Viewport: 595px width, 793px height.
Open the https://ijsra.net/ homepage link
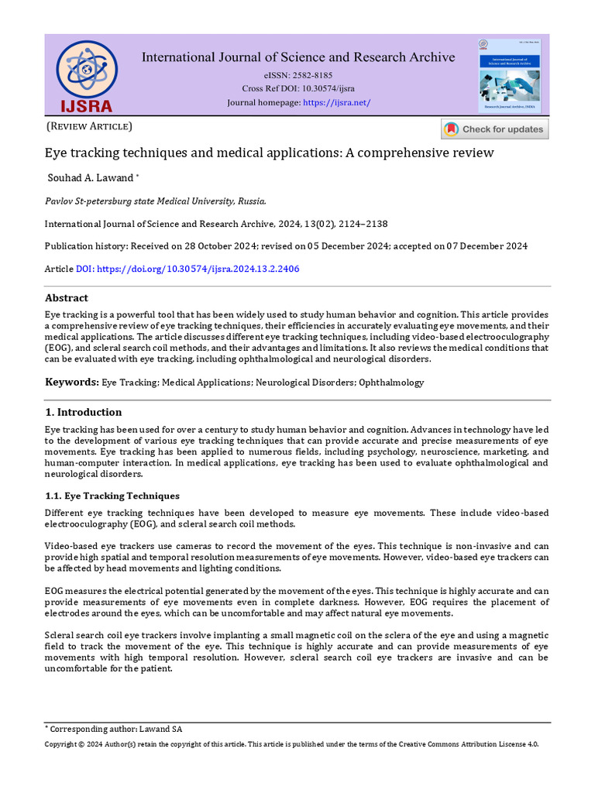coord(336,103)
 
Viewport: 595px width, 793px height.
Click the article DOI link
coord(187,269)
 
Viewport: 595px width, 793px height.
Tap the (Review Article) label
coord(89,126)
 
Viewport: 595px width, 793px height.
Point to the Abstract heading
coord(67,298)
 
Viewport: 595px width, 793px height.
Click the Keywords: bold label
coord(71,383)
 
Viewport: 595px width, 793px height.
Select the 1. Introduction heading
coord(83,412)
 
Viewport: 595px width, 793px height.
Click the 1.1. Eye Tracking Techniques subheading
coord(112,496)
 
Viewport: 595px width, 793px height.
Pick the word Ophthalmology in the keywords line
coord(393,383)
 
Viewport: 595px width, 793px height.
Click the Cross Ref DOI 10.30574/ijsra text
coord(297,89)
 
